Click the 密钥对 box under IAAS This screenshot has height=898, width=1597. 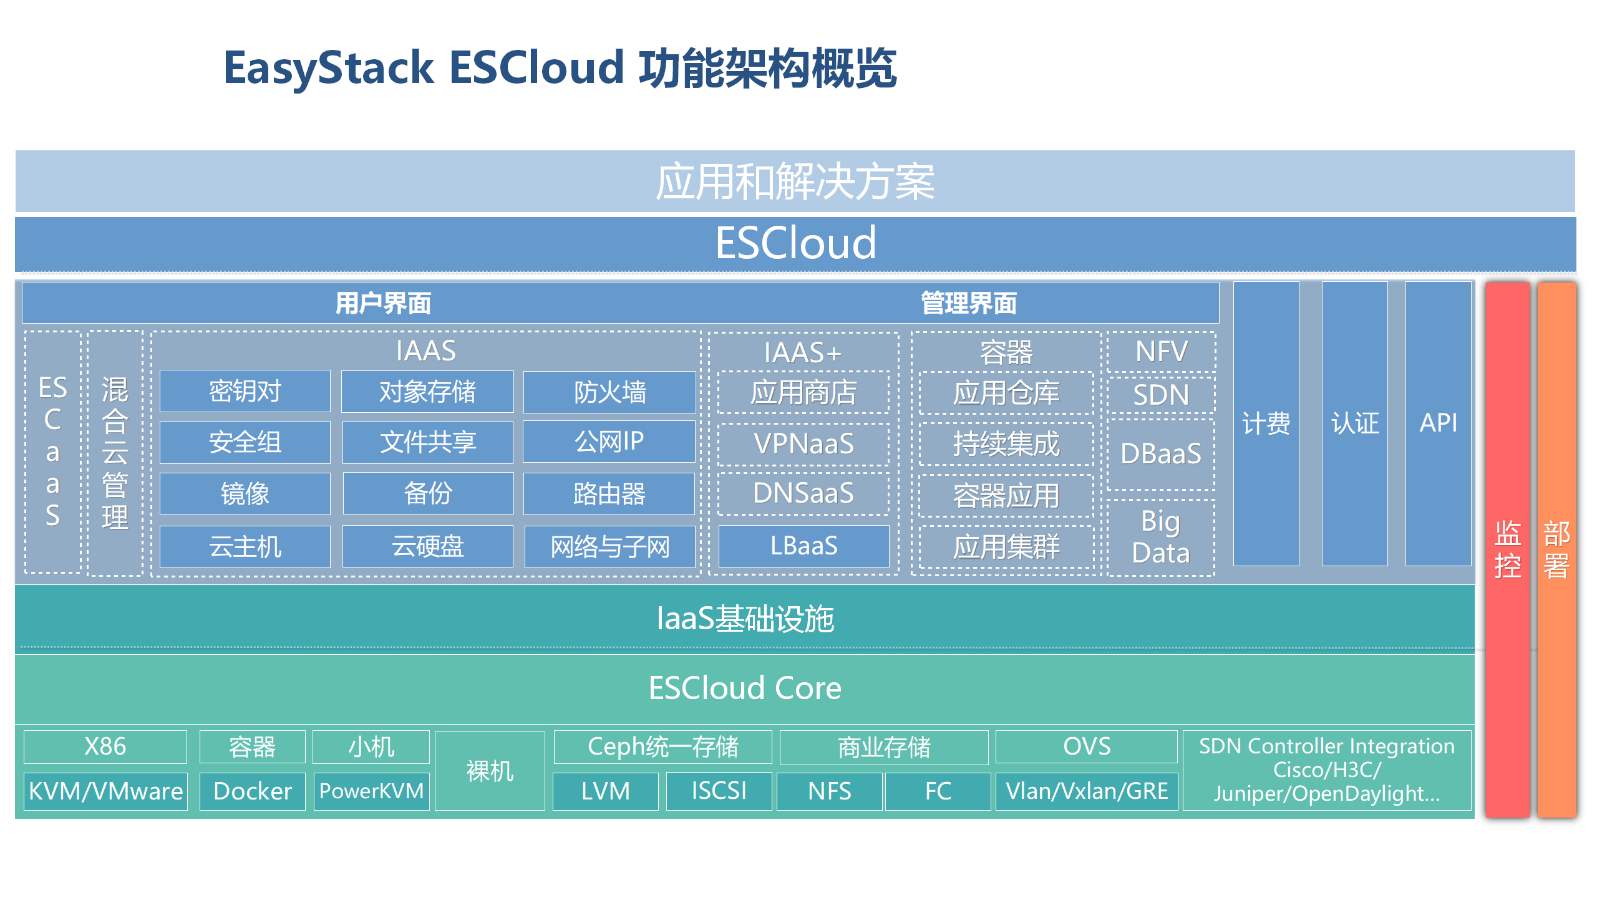pos(245,391)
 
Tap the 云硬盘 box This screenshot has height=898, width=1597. pos(427,546)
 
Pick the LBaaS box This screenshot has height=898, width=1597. pos(803,546)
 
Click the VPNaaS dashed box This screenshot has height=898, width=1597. pos(803,444)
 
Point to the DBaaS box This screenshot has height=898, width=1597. pos(1160,453)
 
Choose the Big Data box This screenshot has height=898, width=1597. pos(1160,537)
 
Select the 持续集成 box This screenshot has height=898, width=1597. pos(1006,444)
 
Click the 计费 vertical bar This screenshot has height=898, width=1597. pos(1266,423)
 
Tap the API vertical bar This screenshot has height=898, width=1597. pos(1438,423)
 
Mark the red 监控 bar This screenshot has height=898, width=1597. pos(1507,549)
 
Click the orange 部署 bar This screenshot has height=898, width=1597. pos(1556,549)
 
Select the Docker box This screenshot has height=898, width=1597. pos(252,791)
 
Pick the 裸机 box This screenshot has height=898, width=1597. pos(490,771)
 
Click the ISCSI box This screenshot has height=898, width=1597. pos(719,791)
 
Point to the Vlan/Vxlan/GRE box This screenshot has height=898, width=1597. pos(1086,791)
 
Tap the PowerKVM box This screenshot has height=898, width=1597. pos(371,791)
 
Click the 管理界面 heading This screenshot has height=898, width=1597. pos(968,304)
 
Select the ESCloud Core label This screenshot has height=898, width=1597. pos(745,688)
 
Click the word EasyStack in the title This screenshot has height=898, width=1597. pos(328,67)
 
